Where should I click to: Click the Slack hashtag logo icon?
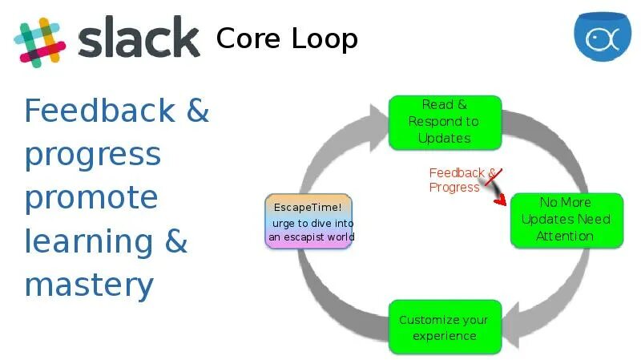(x=39, y=39)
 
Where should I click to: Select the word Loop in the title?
(x=324, y=38)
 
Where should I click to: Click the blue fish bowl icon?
(x=602, y=38)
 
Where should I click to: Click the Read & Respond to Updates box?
(x=445, y=122)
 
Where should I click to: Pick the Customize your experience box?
(x=444, y=327)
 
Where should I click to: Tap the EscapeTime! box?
(x=308, y=221)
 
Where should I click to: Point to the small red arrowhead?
(x=501, y=200)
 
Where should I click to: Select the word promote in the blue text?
(x=91, y=198)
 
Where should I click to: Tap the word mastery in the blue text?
(x=88, y=285)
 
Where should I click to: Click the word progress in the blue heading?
(x=93, y=155)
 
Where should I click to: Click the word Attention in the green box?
(x=565, y=236)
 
